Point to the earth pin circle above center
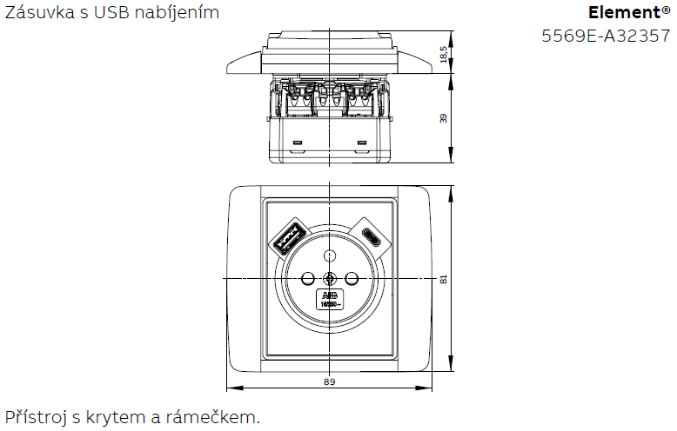(330, 255)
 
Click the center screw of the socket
(330, 278)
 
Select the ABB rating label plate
(330, 301)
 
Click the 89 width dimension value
(329, 381)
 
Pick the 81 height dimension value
(444, 279)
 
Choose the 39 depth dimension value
(444, 118)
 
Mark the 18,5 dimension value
(444, 54)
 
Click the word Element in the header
(623, 13)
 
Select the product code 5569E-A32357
(606, 36)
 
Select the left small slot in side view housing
(297, 141)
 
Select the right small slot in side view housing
(362, 141)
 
